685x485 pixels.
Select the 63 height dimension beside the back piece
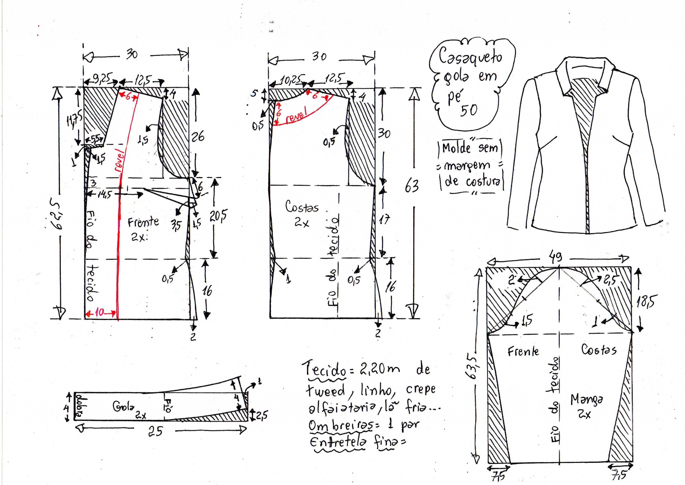412,186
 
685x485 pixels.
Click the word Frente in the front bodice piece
143,222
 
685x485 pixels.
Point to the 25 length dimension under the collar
155,431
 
